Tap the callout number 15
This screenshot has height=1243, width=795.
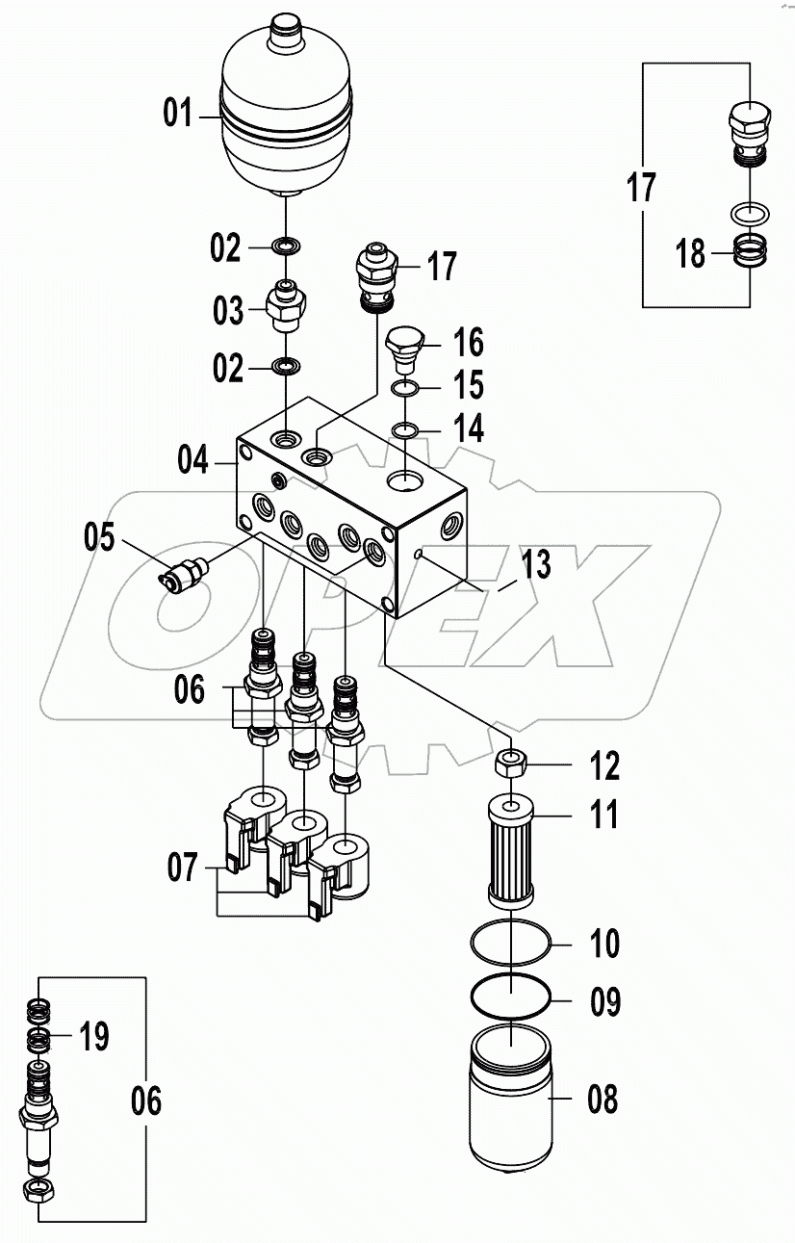469,386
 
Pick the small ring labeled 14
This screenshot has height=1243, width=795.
405,427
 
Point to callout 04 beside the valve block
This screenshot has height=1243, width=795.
192,460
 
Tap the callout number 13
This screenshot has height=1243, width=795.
536,564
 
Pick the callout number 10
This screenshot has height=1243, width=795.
603,944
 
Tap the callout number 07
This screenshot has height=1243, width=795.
182,868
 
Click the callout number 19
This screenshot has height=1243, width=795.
92,1038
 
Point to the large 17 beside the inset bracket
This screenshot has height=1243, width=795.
641,187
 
